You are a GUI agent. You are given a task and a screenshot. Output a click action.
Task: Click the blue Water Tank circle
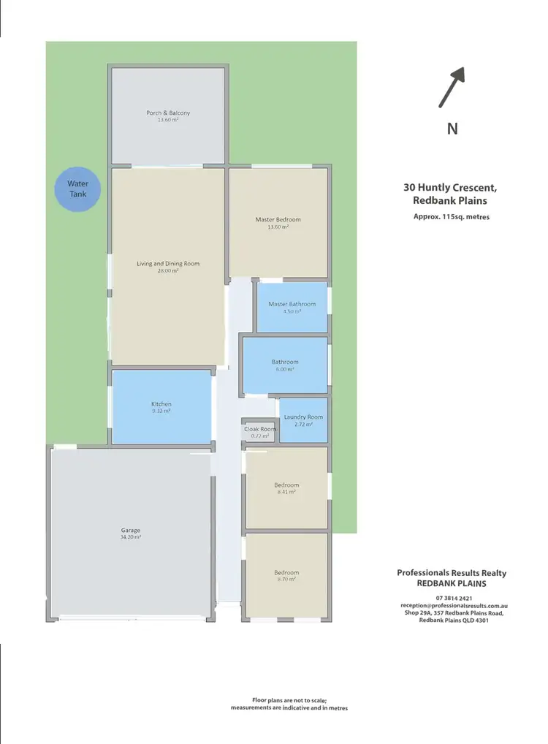click(77, 189)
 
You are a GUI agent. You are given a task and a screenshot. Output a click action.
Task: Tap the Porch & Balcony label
click(168, 113)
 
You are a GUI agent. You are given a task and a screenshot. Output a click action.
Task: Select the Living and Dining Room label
click(168, 264)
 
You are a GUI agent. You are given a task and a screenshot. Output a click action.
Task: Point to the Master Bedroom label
click(278, 219)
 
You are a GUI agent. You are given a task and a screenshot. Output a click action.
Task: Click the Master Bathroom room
click(292, 307)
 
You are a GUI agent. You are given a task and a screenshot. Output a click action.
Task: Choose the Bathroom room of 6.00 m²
click(285, 364)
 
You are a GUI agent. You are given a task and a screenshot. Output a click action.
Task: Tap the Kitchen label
click(161, 404)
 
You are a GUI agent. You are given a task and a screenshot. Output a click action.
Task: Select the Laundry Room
click(303, 420)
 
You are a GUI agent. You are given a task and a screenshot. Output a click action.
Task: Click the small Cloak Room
click(260, 432)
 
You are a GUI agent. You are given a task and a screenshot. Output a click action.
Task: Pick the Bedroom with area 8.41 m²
click(286, 487)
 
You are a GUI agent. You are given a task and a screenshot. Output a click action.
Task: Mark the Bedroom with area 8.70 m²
click(286, 575)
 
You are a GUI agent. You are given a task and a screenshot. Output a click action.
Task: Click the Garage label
click(131, 531)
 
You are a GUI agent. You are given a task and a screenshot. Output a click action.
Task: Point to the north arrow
click(452, 87)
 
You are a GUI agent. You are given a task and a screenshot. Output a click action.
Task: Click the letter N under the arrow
click(452, 129)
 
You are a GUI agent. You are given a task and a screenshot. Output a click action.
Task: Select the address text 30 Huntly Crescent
click(446, 187)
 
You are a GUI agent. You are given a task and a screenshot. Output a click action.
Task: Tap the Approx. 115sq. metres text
click(452, 217)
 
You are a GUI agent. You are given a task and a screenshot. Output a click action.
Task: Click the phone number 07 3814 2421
click(452, 598)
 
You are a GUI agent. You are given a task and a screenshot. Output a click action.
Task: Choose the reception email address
click(454, 606)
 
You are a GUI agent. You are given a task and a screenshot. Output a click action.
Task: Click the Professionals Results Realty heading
click(452, 573)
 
